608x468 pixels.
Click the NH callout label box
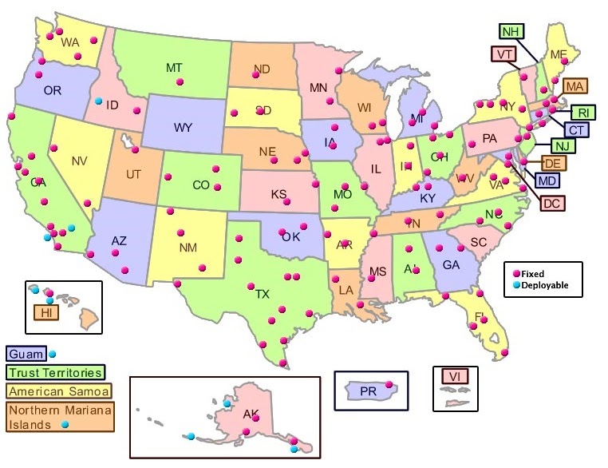[511, 31]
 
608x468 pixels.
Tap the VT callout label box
[503, 54]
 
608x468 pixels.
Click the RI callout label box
[582, 113]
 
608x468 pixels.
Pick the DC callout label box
[551, 203]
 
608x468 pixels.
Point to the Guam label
[26, 353]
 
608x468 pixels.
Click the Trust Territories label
[55, 372]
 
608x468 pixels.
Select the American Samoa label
[58, 391]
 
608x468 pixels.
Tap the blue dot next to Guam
[53, 354]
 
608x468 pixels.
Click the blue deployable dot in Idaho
[98, 101]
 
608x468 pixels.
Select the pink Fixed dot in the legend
[516, 273]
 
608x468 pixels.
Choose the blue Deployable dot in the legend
[516, 284]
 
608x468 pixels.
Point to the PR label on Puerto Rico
[368, 391]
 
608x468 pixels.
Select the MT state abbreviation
[175, 68]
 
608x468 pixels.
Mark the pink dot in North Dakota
[256, 73]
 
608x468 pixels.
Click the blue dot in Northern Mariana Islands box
[65, 425]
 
